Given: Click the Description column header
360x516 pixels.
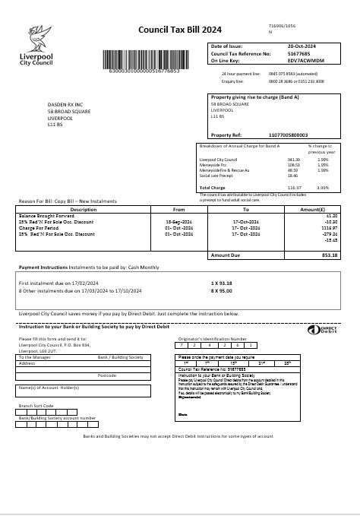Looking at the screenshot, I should click(x=83, y=209).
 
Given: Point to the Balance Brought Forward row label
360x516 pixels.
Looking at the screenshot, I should click(x=46, y=215).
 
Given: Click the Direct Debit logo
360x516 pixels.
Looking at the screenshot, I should click(x=317, y=330).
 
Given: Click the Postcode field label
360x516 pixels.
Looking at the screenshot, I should click(x=106, y=376).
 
